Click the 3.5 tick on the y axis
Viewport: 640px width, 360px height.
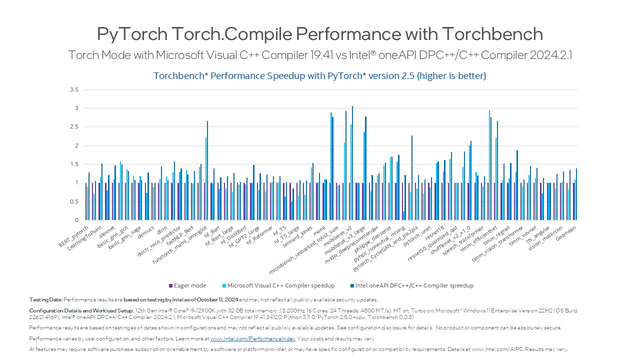point(74,90)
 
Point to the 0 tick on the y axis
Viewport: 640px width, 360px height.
point(76,220)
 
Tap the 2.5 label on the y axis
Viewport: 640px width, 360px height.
point(74,127)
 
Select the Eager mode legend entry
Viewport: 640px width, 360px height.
point(187,285)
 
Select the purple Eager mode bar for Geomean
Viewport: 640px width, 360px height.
point(573,201)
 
